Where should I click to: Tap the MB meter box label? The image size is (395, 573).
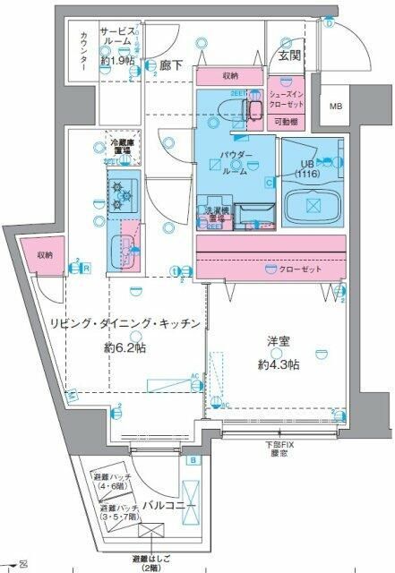click(336, 107)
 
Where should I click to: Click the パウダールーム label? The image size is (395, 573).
click(235, 164)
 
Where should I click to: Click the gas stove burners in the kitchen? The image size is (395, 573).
click(120, 195)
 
